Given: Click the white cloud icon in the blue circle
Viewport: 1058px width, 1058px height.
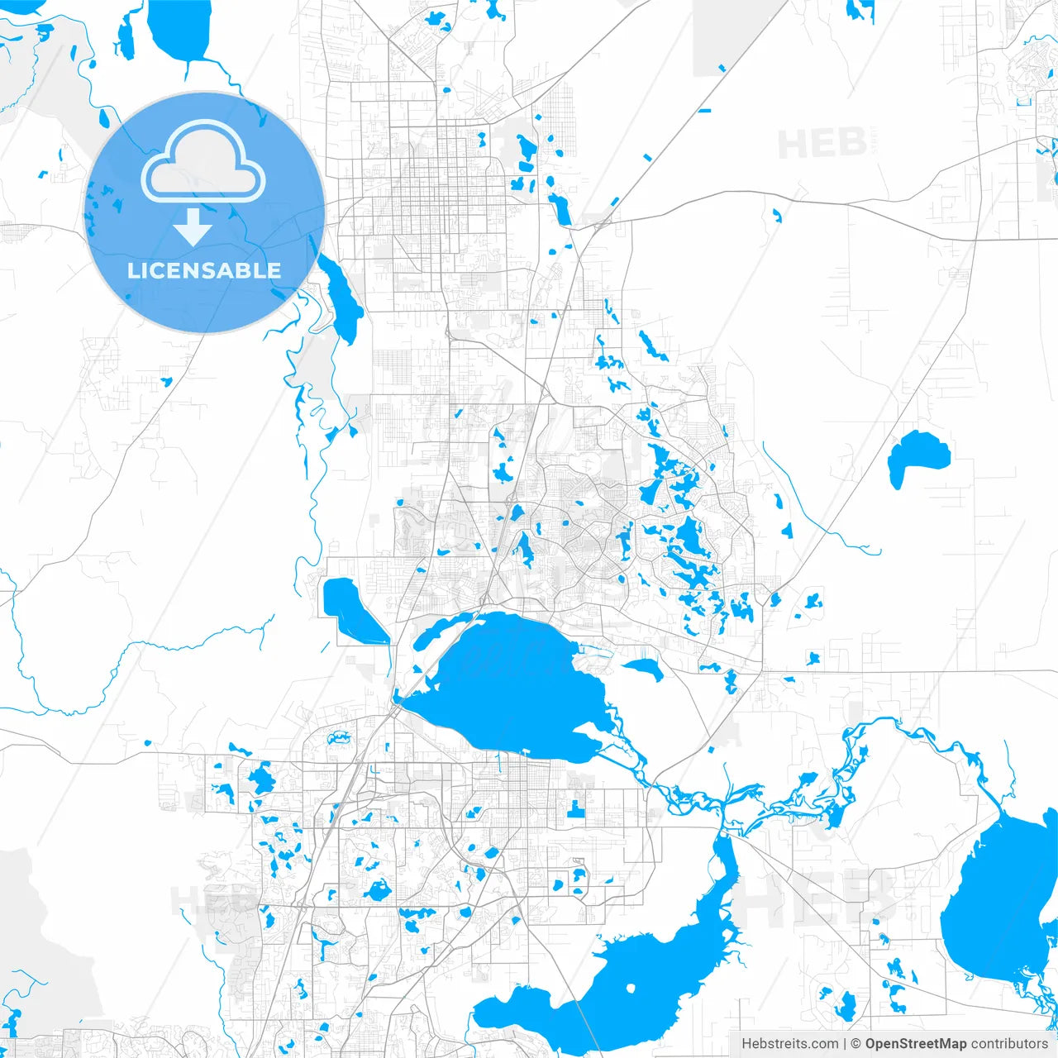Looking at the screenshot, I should click(x=203, y=162).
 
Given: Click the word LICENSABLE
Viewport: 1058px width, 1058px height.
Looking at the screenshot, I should click(x=203, y=270).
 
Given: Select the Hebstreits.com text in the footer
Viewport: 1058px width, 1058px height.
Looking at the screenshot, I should click(x=789, y=1044).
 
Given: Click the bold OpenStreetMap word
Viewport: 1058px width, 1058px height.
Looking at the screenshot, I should click(x=915, y=1044).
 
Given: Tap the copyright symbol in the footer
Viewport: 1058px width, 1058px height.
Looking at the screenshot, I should click(x=856, y=1044).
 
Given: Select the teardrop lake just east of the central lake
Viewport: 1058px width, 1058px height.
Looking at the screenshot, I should click(x=646, y=668).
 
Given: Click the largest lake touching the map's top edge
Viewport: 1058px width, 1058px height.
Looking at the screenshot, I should click(x=180, y=29).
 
